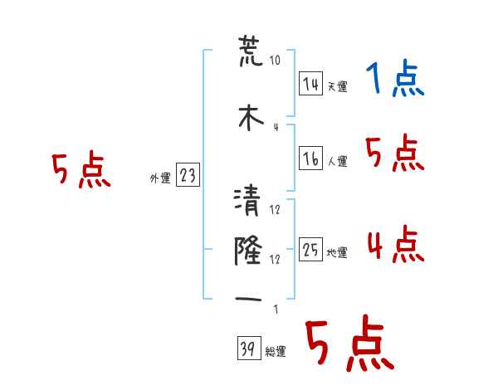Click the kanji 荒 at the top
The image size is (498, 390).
pyautogui.click(x=248, y=52)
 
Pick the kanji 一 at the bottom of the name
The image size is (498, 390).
pyautogui.click(x=248, y=297)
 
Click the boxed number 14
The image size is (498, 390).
pyautogui.click(x=310, y=83)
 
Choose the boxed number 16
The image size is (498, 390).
pyautogui.click(x=310, y=158)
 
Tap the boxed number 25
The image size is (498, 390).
pyautogui.click(x=310, y=251)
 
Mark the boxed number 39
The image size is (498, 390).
pyautogui.click(x=247, y=349)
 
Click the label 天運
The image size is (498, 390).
pyautogui.click(x=337, y=86)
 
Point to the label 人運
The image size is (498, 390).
pyautogui.click(x=337, y=162)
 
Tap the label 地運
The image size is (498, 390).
pyautogui.click(x=337, y=253)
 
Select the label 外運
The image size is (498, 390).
pyautogui.click(x=159, y=178)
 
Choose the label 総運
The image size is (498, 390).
pyautogui.click(x=276, y=352)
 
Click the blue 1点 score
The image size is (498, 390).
pyautogui.click(x=394, y=80)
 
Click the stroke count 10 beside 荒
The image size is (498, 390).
pyautogui.click(x=276, y=61)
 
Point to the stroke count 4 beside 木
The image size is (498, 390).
pyautogui.click(x=276, y=126)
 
